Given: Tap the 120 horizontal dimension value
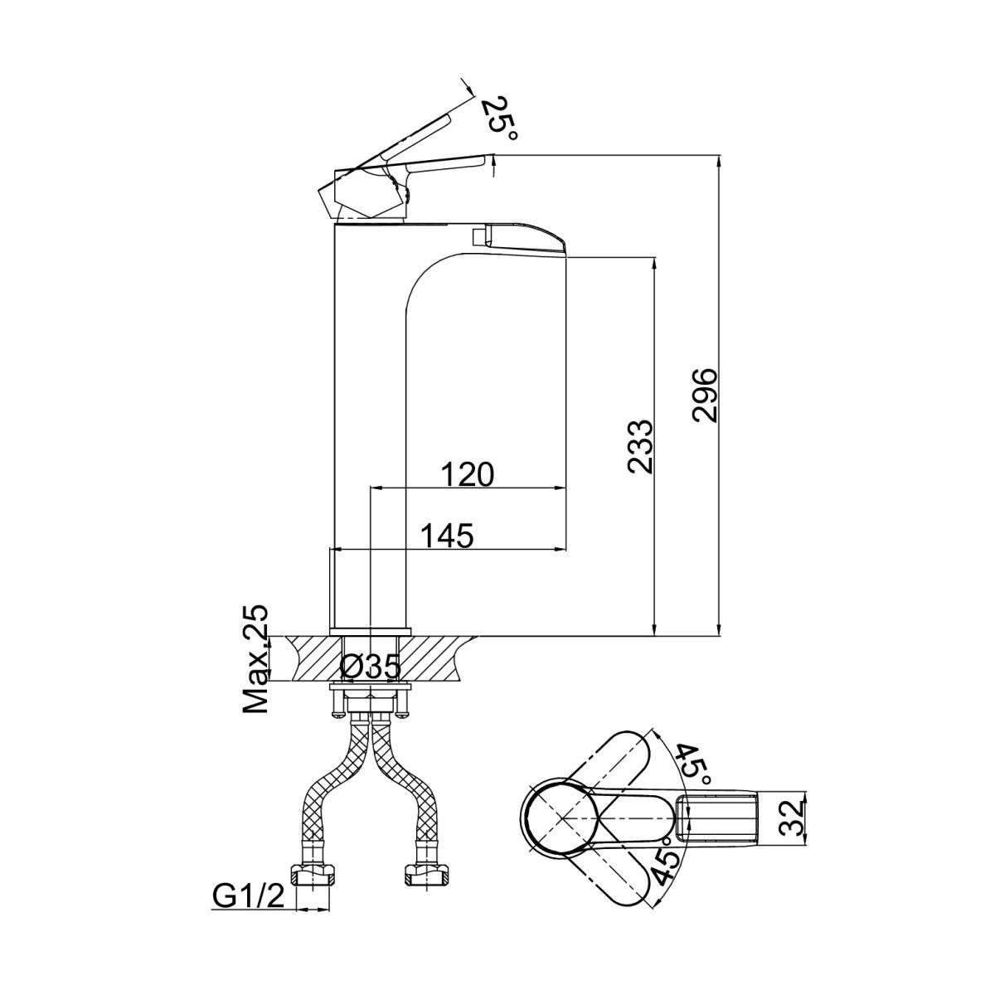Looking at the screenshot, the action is coord(468,474).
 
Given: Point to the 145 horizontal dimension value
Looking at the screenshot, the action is coord(447,536).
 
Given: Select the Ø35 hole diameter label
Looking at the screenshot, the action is coord(370,667).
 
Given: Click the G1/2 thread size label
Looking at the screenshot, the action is coord(249,898).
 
